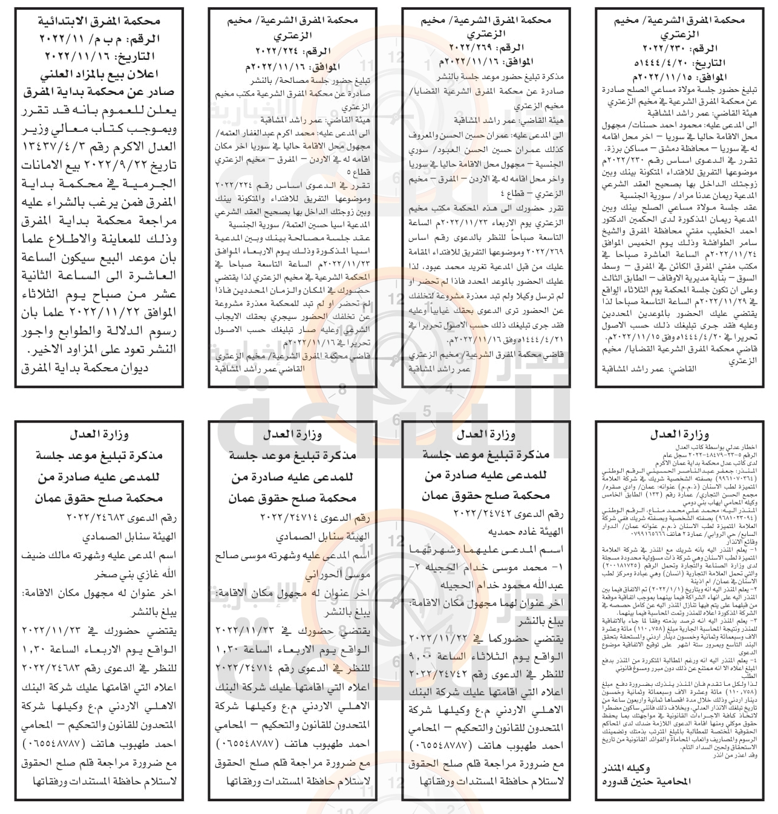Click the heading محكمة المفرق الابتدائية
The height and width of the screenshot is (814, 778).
[100, 22]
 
